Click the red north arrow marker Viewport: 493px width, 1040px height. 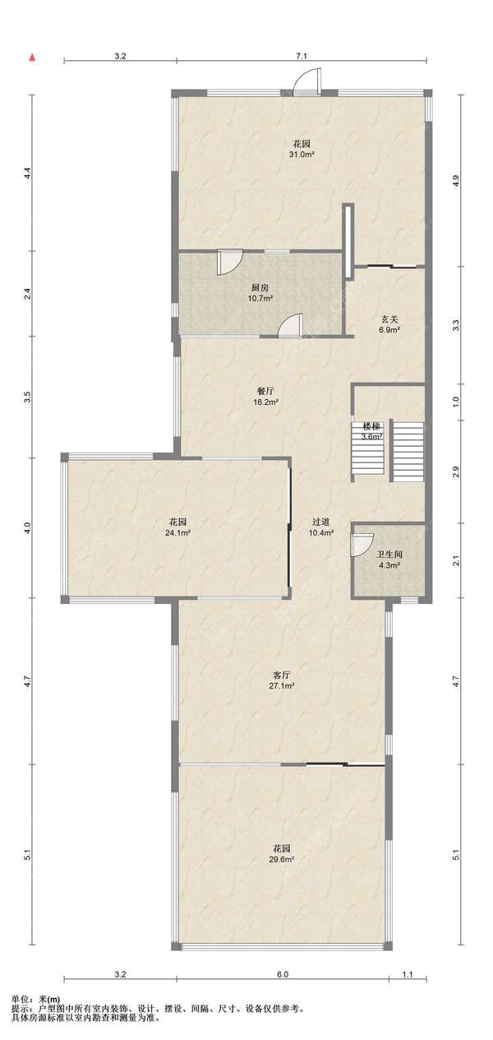pos(33,58)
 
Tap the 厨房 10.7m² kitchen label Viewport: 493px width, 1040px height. pos(260,293)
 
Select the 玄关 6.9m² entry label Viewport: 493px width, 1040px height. pos(389,324)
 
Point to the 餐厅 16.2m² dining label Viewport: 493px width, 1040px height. pos(265,397)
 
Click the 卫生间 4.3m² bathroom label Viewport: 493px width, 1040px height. pos(389,559)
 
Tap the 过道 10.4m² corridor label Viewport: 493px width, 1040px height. pos(321,527)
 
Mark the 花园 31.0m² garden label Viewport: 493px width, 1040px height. pos(302,149)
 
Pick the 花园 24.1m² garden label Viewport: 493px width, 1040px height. pos(178,527)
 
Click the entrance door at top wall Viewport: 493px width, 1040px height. pos(307,82)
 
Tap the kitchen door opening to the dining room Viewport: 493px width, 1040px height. pos(290,324)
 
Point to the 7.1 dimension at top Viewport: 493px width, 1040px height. pos(302,56)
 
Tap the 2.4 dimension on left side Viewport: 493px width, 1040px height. pos(28,294)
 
